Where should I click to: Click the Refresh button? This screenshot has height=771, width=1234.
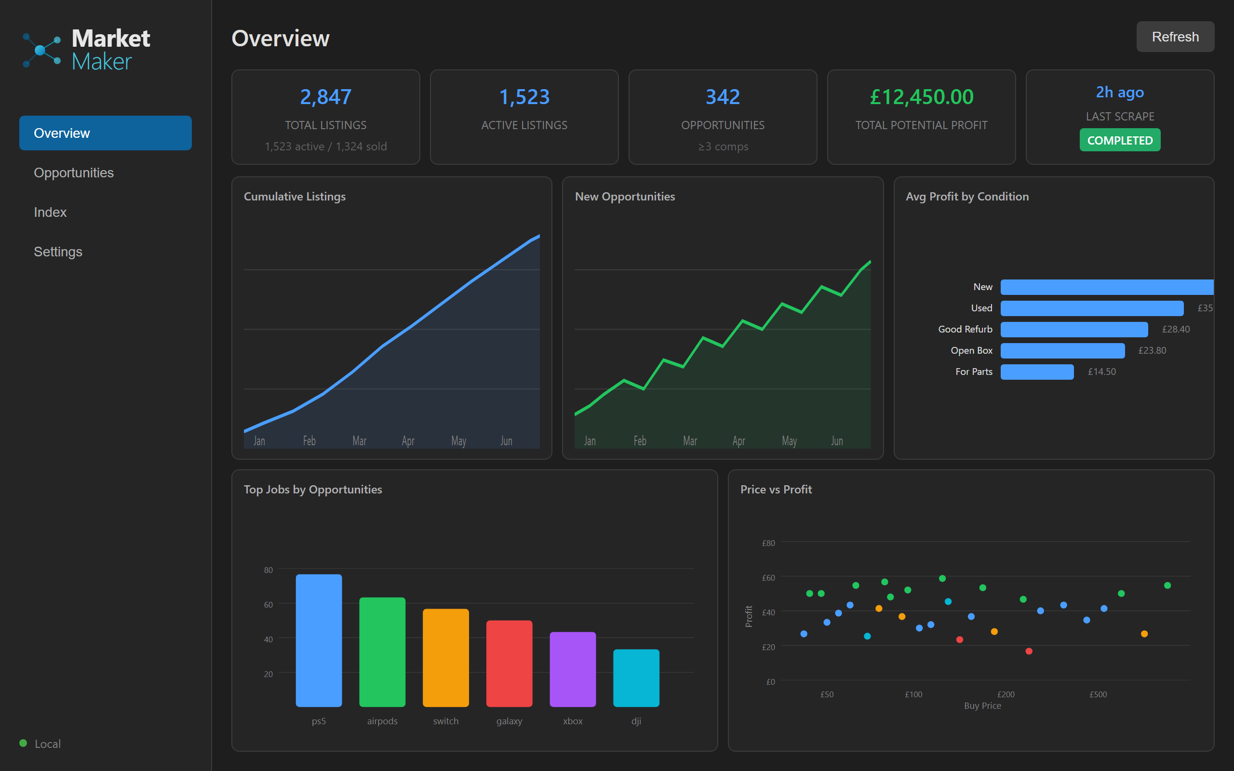1175,37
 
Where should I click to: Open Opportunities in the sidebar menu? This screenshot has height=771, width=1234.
73,173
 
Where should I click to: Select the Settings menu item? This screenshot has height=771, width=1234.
58,252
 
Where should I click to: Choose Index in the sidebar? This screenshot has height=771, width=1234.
50,212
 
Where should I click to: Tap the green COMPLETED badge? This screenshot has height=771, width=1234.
1119,140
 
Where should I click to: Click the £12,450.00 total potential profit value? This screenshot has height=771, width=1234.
921,97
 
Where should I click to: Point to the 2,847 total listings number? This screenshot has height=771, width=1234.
325,97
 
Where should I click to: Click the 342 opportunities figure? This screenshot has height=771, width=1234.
723,97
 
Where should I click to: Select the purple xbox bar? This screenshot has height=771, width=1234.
572,669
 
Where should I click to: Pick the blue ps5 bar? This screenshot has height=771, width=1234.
319,640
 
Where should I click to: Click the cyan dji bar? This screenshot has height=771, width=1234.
636,678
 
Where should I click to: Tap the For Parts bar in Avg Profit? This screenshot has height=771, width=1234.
1037,372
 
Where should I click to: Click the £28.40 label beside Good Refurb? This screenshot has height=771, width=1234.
1175,330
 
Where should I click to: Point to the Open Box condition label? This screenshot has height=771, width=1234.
971,350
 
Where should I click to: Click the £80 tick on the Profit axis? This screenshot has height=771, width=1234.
768,543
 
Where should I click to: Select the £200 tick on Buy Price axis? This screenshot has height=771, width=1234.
1006,694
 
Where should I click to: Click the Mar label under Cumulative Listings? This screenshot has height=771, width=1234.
360,440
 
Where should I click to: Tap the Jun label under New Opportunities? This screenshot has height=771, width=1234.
837,440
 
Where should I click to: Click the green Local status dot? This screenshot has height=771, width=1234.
23,743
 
